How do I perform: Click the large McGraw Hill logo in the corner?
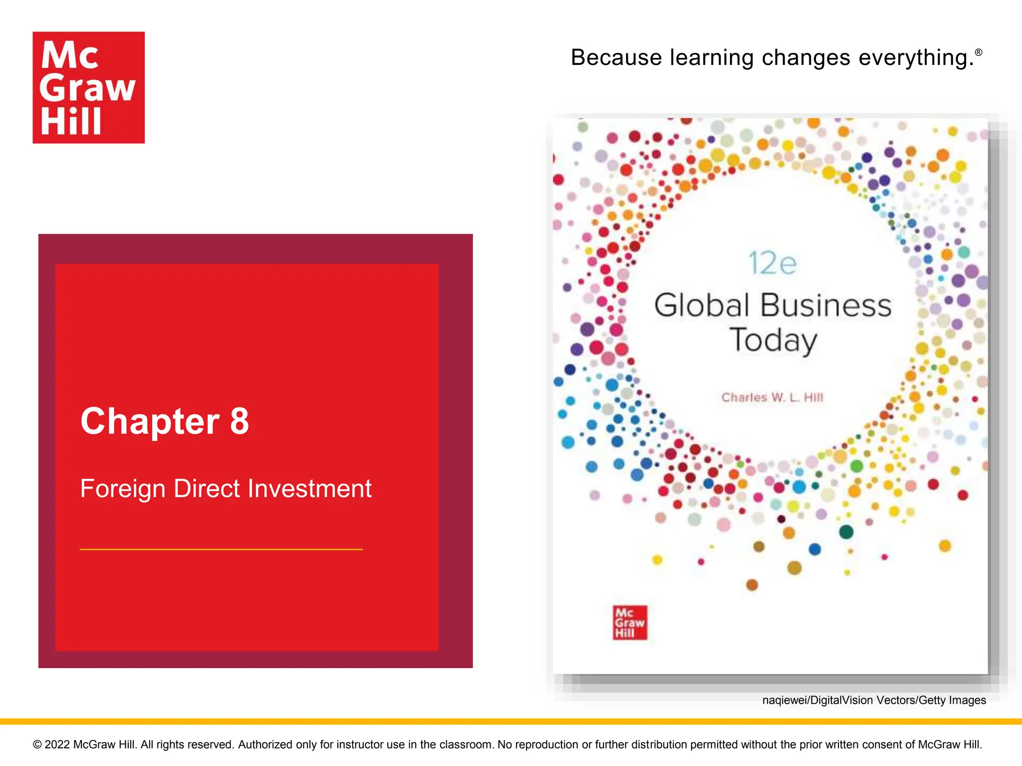[89, 88]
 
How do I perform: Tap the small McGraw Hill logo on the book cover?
[630, 622]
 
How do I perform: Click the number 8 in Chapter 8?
[240, 421]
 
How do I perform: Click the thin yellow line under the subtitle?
[221, 549]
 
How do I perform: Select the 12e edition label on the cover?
[772, 263]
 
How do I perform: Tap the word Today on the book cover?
[773, 341]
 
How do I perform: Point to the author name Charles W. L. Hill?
[772, 397]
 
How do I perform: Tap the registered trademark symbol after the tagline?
[979, 52]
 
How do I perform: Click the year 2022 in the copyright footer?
[57, 745]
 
